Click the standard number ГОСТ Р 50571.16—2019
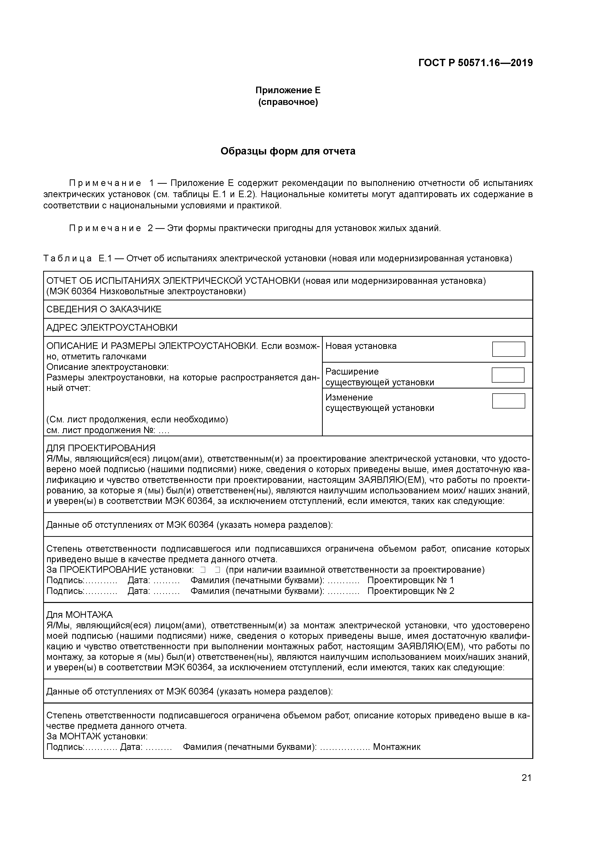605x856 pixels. [475, 63]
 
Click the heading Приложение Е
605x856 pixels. [288, 90]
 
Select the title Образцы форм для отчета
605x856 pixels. [288, 151]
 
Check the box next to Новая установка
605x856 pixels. [508, 349]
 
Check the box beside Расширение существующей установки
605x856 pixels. [508, 375]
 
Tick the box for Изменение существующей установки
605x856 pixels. [508, 401]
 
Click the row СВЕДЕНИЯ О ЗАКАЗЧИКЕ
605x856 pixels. [104, 309]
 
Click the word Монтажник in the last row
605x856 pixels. [397, 747]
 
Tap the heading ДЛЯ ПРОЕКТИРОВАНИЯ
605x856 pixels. [101, 448]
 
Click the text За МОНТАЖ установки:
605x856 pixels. [97, 736]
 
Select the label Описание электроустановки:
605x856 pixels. [107, 367]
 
